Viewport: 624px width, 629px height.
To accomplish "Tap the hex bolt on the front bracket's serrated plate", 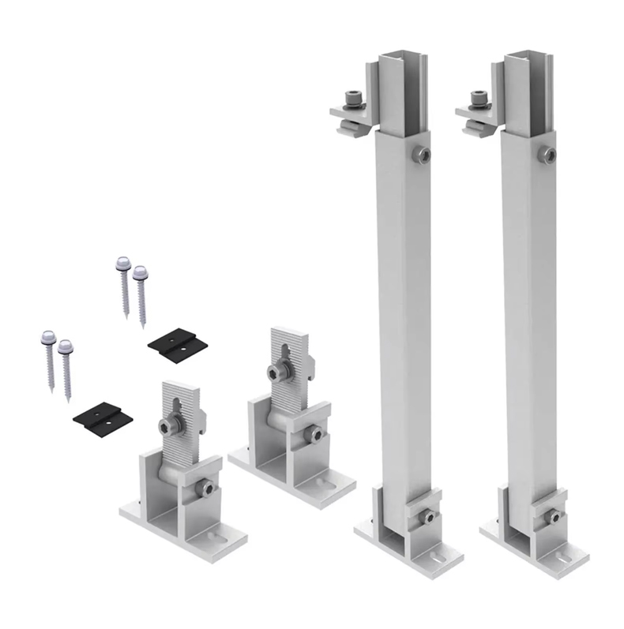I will pos(167,427).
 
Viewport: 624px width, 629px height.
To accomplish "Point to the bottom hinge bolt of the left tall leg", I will pos(427,516).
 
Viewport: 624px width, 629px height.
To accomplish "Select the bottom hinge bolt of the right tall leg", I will pos(556,516).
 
